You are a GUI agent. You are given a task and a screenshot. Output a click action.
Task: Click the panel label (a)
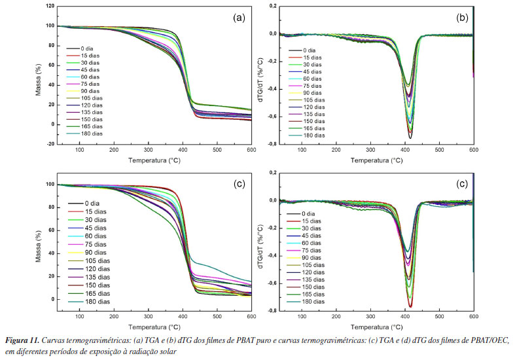click(239, 18)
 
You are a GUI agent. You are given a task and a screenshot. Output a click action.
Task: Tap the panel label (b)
click(461, 18)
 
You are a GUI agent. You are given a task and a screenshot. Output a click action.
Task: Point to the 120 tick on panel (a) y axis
click(49, 6)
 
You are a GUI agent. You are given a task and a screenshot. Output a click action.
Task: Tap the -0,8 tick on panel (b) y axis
click(270, 144)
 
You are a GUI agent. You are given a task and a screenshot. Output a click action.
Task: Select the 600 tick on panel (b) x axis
click(473, 151)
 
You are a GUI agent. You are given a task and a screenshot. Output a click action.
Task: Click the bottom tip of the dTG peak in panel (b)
click(411, 137)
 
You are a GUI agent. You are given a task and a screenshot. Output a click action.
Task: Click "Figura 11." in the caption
click(23, 341)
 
